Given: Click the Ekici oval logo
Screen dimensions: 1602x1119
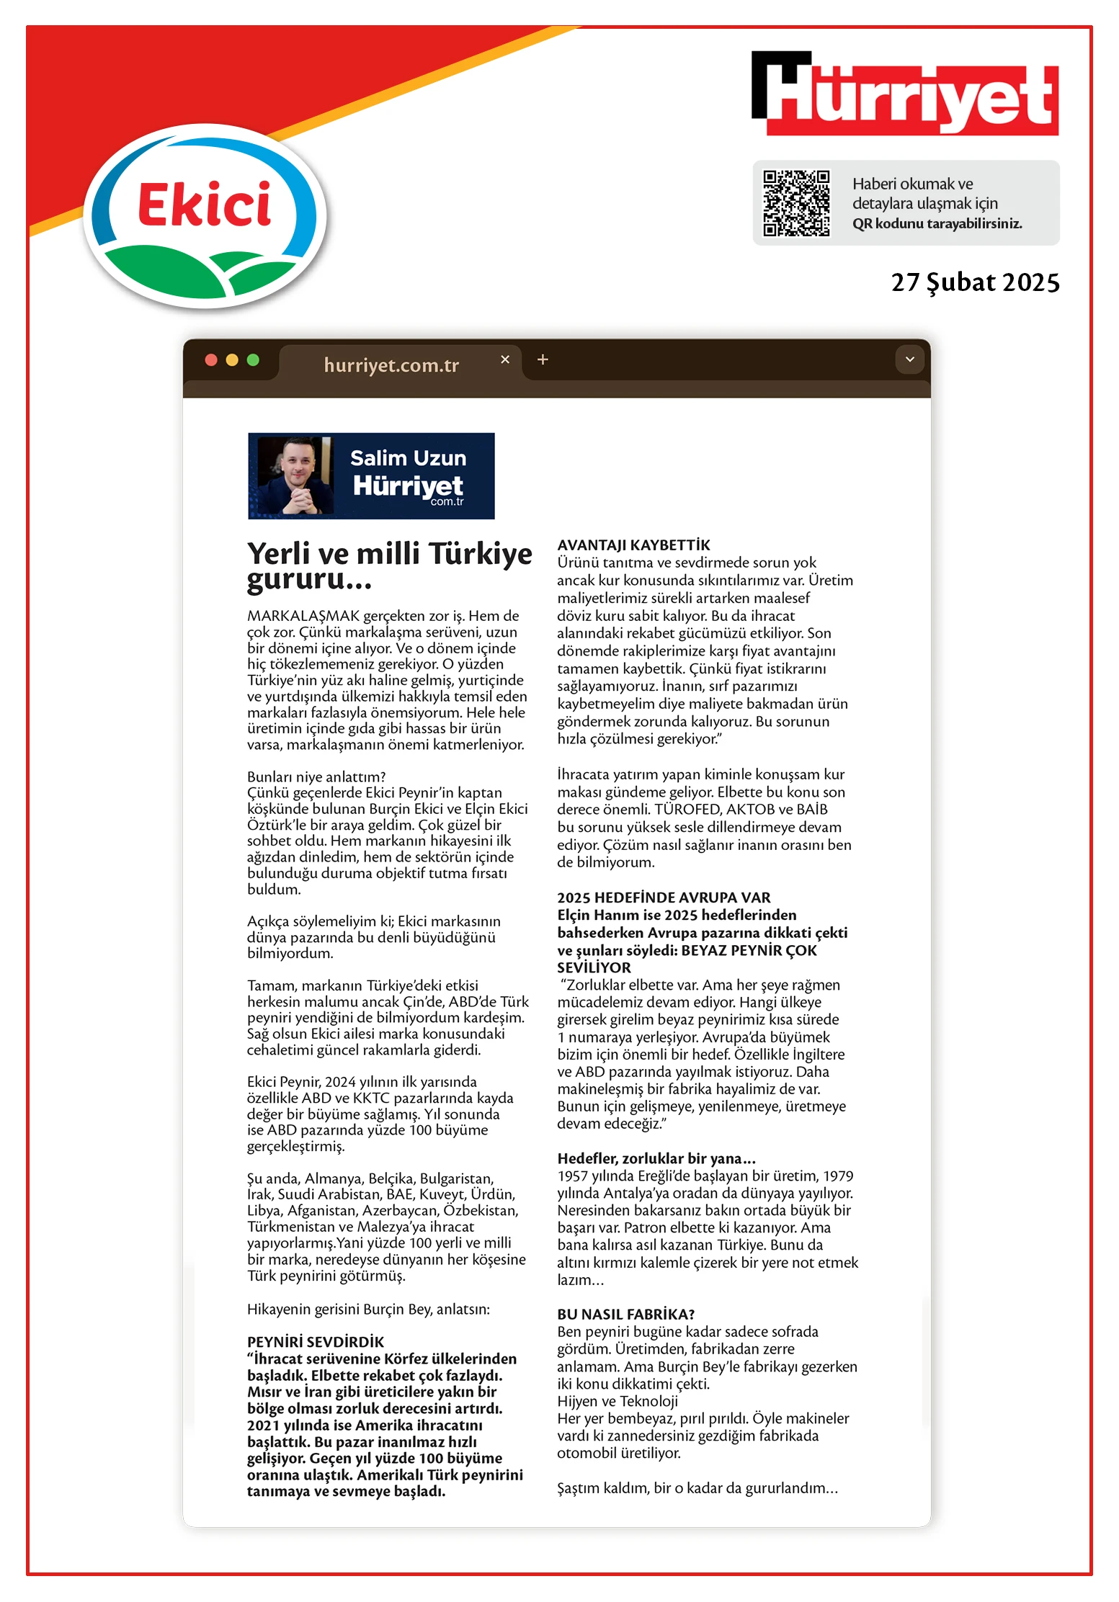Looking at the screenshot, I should (x=205, y=216).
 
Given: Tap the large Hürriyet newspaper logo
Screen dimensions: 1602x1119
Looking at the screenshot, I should (x=905, y=94).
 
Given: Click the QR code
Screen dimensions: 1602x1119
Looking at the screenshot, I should (x=796, y=202).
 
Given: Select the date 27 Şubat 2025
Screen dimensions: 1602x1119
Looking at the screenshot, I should (x=975, y=282).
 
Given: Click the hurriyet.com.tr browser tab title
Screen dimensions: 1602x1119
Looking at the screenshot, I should (x=391, y=365).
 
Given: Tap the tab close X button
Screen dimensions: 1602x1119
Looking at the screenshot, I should (x=505, y=359).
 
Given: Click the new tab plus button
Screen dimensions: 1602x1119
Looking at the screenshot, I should (x=543, y=359).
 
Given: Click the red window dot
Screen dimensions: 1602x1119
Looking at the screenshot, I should (x=211, y=359).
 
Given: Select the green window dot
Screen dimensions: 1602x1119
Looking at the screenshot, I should (x=253, y=359).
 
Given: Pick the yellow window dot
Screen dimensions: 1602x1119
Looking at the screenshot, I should (x=232, y=359).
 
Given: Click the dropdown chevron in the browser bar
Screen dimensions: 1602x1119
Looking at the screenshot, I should (x=909, y=359).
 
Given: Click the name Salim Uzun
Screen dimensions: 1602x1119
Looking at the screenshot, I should (x=408, y=458).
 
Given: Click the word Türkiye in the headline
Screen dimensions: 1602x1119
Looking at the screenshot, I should (x=481, y=554).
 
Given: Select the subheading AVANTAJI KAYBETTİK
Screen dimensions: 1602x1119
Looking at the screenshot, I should (x=633, y=545).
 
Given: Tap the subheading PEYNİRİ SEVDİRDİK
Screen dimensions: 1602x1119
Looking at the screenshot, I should (x=316, y=1342).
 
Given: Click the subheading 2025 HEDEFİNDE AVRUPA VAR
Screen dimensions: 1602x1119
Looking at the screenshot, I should (x=664, y=898).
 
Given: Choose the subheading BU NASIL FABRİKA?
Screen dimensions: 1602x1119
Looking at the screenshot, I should (x=625, y=1314).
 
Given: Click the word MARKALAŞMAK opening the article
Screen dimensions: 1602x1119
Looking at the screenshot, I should (x=303, y=616).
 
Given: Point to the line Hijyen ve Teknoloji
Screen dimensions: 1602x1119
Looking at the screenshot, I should (x=618, y=1401).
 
